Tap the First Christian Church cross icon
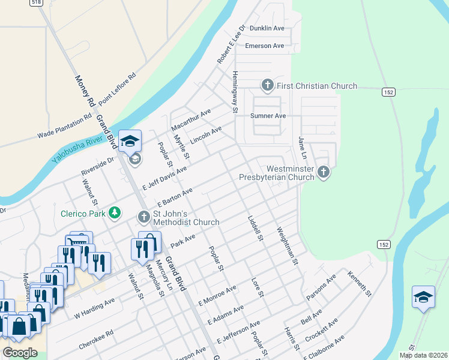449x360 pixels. coord(267,86)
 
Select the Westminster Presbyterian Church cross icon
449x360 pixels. coord(324,173)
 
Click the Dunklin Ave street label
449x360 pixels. coord(267,28)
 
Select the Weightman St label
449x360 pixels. coord(287,246)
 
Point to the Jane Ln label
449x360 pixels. coord(303,148)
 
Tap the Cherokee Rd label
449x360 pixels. coord(96,339)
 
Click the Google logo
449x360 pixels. coord(20,353)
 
